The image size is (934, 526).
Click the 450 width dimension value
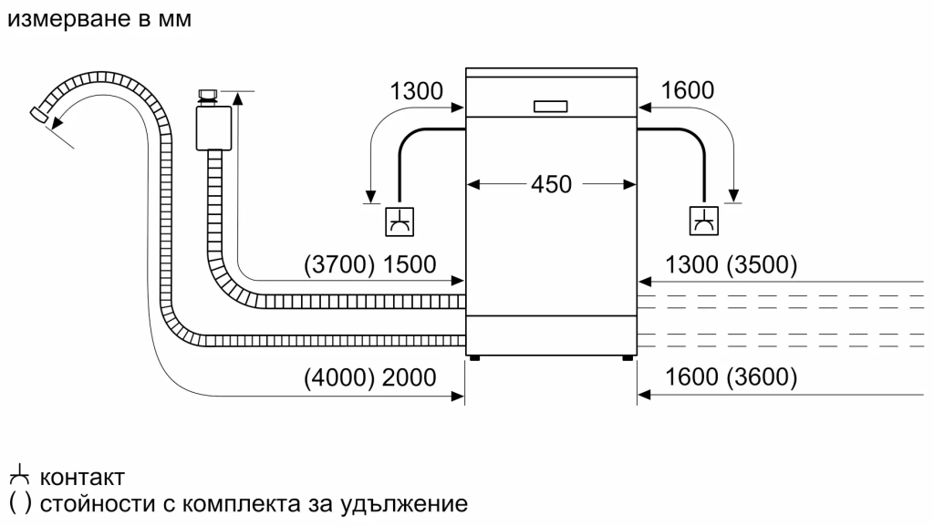pos(551,184)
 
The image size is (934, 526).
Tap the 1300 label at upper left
pos(416,90)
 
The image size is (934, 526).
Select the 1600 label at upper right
pos(688,90)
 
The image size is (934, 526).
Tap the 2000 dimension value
pos(410,376)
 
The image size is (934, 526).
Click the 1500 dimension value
pos(410,265)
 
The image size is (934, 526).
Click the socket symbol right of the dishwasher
pos(703,221)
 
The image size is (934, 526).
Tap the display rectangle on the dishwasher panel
pos(551,105)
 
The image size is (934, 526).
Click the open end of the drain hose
pos(39,113)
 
